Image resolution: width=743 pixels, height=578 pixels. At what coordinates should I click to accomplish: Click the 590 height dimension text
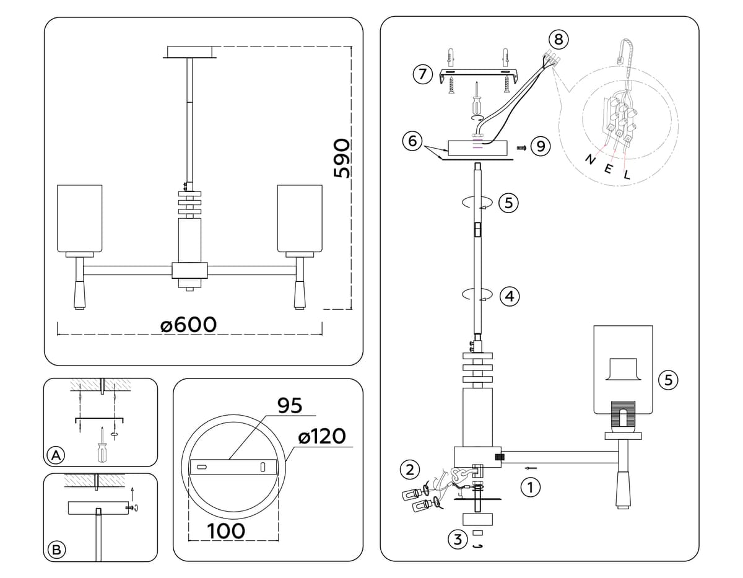pos(342,159)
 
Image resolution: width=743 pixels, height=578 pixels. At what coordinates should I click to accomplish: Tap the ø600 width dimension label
pos(189,324)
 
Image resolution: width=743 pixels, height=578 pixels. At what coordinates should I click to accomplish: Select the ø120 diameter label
pos(321,436)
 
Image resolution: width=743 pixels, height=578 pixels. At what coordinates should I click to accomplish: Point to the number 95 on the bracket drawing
pos(289,405)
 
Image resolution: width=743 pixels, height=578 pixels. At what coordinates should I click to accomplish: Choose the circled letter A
pos(56,455)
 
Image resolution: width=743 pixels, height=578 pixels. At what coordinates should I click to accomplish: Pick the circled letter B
pos(56,549)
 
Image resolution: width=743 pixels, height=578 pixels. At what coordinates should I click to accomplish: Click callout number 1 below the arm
pos(528,488)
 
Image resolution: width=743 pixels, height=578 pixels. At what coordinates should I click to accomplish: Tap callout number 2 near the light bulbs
pos(409,469)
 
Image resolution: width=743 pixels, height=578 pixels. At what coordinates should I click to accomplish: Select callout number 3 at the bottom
pos(457,540)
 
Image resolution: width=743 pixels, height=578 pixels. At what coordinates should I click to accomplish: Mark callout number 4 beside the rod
pos(509,297)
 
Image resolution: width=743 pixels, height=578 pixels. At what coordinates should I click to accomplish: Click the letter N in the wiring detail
pos(591,161)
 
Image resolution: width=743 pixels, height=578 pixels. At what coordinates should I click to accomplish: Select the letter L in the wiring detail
pos(627,175)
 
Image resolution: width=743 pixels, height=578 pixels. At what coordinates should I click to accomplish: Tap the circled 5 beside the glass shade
pos(667,380)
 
